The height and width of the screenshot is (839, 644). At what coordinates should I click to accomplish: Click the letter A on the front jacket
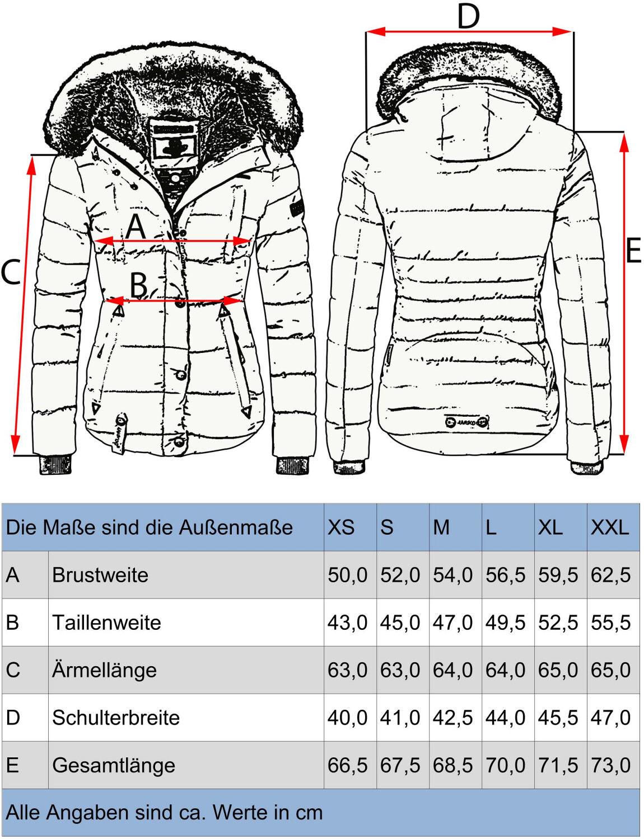136,227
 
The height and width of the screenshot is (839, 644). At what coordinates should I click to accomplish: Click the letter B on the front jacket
139,285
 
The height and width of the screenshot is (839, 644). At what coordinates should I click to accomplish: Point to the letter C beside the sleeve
11,272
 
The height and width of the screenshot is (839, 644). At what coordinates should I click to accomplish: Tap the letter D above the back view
468,16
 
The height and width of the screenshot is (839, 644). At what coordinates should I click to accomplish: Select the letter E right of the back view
633,250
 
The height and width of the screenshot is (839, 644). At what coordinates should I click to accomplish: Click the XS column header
341,527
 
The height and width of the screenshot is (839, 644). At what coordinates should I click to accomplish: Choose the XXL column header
610,527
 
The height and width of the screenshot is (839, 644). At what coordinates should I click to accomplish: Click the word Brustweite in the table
100,575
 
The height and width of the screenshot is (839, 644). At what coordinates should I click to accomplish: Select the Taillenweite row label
106,623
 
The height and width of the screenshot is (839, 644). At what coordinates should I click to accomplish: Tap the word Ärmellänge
104,670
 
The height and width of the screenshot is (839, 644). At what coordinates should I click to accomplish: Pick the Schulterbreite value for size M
452,718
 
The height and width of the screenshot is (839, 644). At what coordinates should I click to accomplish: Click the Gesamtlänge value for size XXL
610,765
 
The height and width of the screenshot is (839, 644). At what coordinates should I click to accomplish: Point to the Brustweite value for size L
505,575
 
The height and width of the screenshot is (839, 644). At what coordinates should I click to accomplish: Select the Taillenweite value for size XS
347,623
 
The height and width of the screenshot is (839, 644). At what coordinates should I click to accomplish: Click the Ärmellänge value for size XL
558,670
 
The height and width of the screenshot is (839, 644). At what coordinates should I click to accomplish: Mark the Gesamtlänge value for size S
400,765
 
